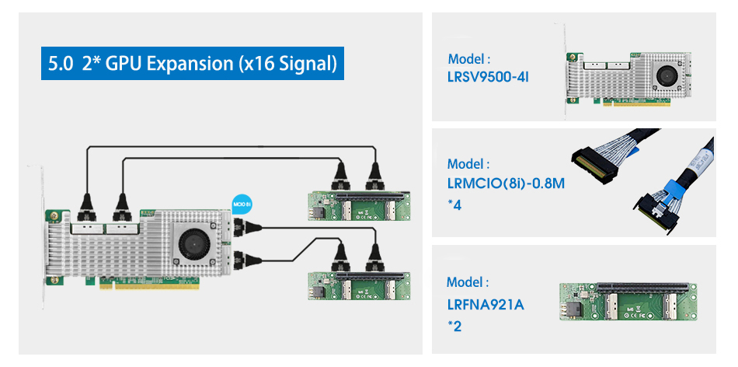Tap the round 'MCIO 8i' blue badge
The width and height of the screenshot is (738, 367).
(x=242, y=204)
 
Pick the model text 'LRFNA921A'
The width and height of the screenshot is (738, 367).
(x=486, y=304)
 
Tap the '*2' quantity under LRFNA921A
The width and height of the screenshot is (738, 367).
(x=455, y=326)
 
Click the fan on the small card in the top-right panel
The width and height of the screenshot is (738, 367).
(x=666, y=75)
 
